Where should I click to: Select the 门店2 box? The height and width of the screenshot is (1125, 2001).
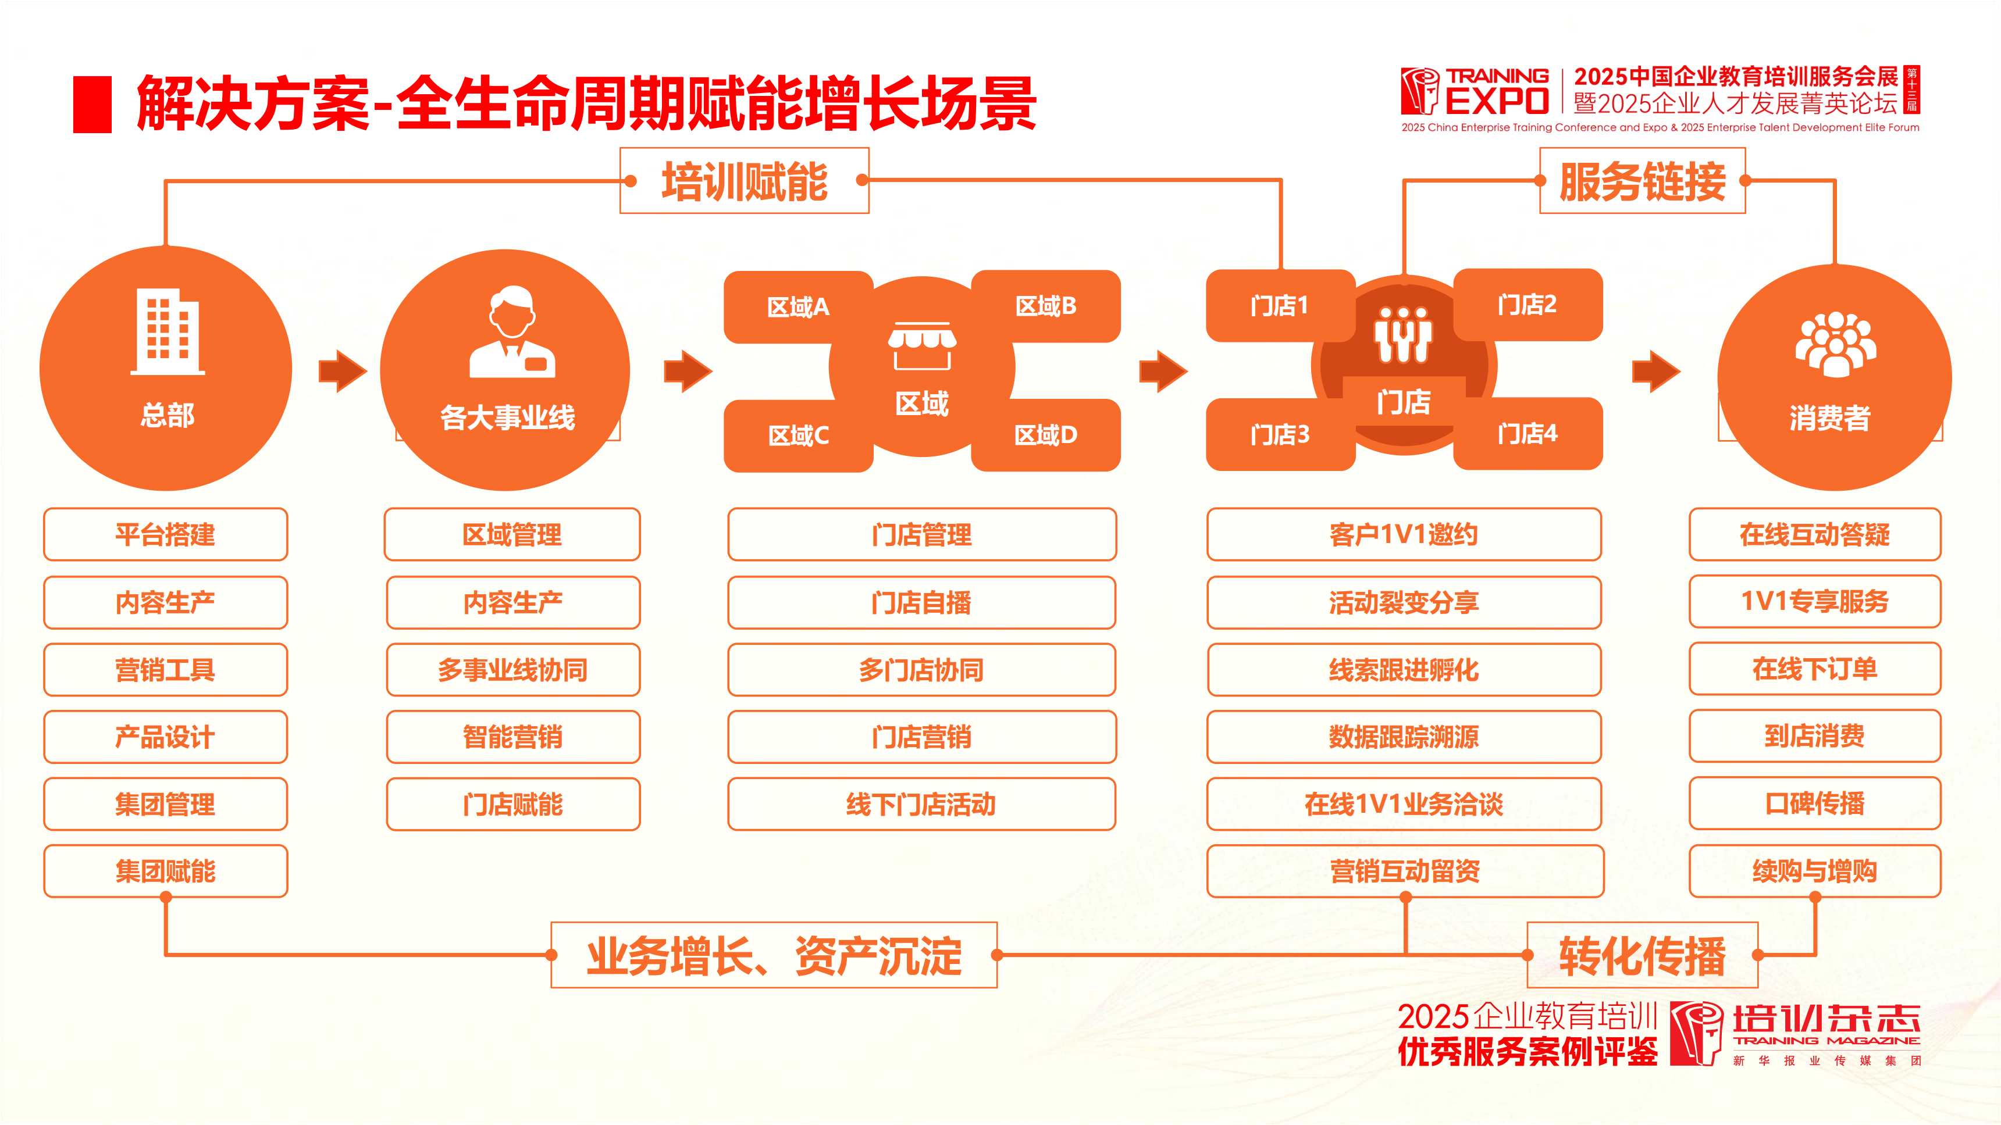(1527, 304)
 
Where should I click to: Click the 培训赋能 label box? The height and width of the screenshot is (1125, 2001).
(744, 181)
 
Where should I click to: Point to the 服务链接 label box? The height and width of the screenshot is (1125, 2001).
(1642, 181)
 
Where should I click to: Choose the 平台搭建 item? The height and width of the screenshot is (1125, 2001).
(165, 534)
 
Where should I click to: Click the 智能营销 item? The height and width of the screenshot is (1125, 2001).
(512, 737)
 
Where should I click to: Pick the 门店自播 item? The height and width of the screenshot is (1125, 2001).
(921, 602)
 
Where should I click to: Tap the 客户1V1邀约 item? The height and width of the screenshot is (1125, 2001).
(1404, 534)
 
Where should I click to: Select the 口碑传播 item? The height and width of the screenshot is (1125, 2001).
(1815, 803)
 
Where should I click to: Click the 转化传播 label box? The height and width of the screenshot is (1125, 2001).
(1642, 955)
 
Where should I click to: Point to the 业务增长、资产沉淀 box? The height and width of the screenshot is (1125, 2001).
(774, 955)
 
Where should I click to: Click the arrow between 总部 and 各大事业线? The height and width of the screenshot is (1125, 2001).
(342, 371)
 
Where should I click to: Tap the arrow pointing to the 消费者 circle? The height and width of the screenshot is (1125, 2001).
(1655, 371)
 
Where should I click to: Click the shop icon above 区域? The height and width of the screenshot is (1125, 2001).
(922, 347)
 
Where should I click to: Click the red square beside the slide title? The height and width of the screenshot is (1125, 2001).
(92, 104)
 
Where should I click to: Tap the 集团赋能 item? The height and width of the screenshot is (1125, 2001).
(165, 871)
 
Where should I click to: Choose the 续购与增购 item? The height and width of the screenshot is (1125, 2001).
(1815, 871)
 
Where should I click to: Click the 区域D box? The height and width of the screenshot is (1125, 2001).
(1045, 435)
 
